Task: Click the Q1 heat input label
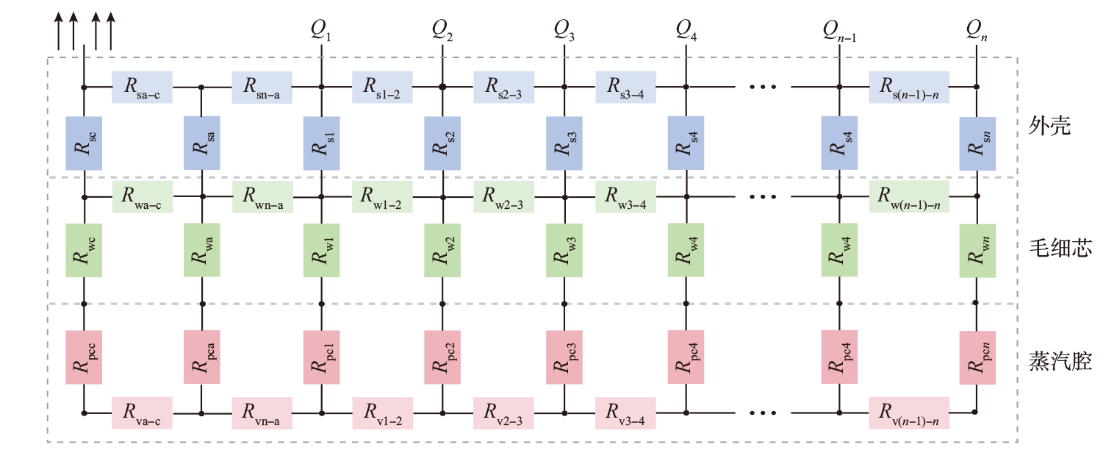320,30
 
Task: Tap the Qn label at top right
977,30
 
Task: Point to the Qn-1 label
839,30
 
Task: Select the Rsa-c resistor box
142,88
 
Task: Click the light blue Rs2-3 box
503,88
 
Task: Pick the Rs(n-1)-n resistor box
909,88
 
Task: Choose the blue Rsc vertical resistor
84,143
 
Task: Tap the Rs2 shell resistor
442,143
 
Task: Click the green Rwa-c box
143,196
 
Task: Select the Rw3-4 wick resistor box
625,196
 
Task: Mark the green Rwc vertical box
84,251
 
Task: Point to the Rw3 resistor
564,251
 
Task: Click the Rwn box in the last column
977,251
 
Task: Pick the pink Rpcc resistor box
84,357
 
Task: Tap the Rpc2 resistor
442,357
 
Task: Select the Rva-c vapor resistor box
142,413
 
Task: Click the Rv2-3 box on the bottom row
503,413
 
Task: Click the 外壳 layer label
1049,126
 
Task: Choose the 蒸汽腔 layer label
1060,360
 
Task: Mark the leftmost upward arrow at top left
59,32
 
